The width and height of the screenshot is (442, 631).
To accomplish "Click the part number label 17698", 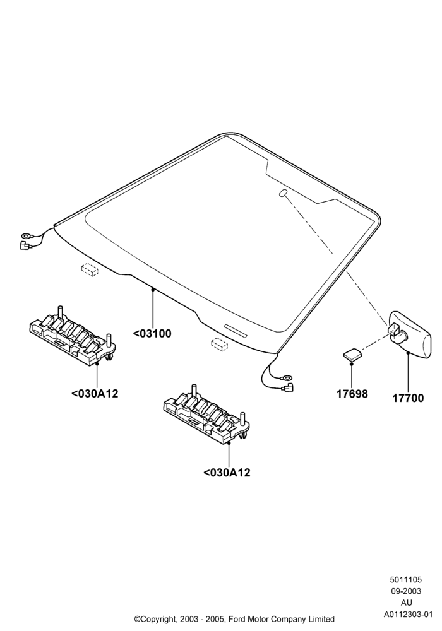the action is coord(352,394).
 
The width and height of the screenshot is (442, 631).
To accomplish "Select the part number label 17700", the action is coord(408,398).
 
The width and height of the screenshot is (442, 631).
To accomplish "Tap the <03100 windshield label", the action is coord(152,334).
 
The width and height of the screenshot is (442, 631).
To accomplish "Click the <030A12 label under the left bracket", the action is coord(95,393).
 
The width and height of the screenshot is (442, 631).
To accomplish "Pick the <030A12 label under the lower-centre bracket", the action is coord(227,472).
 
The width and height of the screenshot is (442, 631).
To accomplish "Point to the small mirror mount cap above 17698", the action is coord(352,355).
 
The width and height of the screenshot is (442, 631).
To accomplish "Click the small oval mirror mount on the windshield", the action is coord(284,192).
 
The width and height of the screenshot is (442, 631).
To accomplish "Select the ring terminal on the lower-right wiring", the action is coord(287,377).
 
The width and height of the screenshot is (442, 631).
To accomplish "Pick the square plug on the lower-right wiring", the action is coord(288,387).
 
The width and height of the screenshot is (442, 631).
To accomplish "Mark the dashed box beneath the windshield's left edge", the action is coord(90,269).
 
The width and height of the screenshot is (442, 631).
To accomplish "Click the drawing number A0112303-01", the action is coord(407,614).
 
